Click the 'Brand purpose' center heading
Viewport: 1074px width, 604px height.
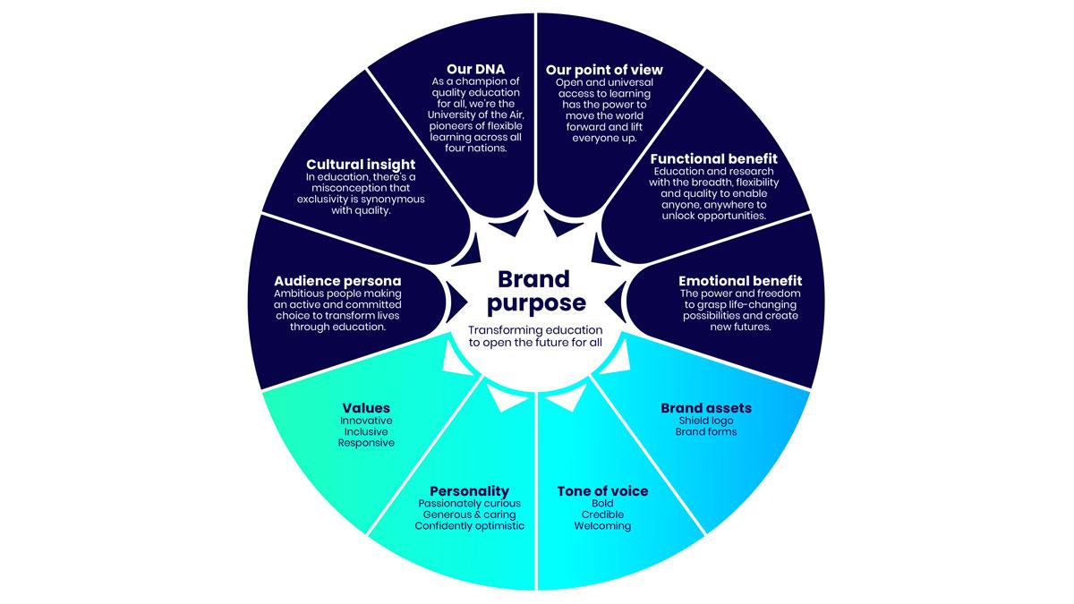(535, 291)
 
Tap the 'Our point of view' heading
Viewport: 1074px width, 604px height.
(604, 70)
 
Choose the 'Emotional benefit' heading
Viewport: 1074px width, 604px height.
(740, 281)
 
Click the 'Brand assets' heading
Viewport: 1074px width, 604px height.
(706, 408)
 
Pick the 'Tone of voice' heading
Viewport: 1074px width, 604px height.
(602, 491)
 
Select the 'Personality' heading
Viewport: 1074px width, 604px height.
(469, 490)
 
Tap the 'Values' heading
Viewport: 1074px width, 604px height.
(366, 408)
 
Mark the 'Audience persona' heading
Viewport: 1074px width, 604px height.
(331, 281)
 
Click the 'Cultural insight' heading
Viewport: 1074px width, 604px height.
(361, 165)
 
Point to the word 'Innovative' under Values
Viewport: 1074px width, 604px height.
(366, 421)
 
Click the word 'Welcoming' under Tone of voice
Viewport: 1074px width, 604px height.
(602, 526)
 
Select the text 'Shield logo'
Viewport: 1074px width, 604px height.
(706, 421)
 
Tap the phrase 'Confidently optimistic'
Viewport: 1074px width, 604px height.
(469, 526)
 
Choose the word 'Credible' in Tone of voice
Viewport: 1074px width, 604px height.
(602, 515)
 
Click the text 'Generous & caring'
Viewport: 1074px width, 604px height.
(469, 515)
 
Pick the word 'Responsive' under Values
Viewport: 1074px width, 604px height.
(366, 443)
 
